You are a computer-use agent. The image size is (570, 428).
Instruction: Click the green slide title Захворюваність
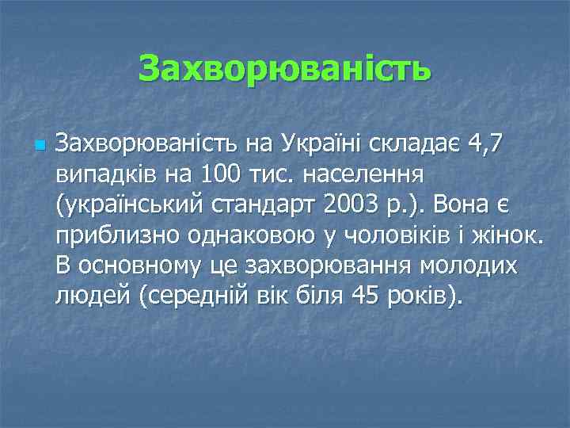pos(285,69)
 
